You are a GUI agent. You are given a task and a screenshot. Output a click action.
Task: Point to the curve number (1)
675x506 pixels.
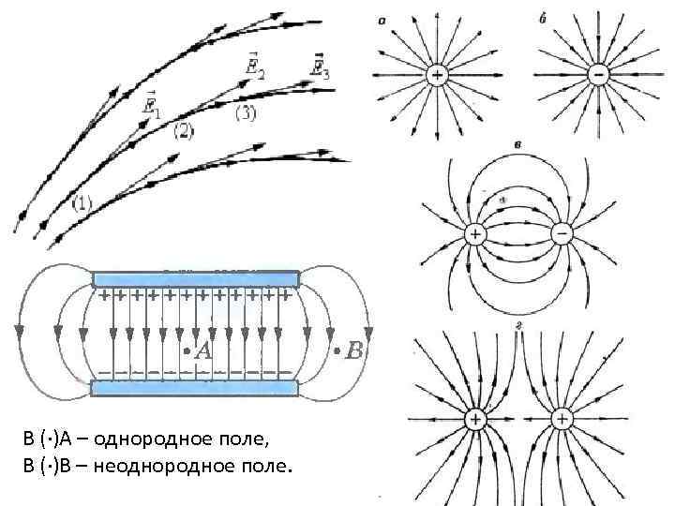[83, 203]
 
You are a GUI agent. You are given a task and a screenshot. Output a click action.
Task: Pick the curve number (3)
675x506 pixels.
[244, 114]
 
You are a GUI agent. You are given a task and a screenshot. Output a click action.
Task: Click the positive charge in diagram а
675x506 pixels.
[437, 75]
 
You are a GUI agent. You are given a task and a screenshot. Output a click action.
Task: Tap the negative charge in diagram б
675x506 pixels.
[596, 75]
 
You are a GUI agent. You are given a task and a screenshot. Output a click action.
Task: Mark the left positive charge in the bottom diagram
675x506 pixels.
[475, 418]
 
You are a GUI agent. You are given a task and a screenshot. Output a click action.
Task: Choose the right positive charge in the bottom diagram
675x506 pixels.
[562, 418]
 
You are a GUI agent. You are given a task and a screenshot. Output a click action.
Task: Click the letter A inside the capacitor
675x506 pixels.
[203, 351]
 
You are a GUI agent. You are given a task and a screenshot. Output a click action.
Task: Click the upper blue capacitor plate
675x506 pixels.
[196, 278]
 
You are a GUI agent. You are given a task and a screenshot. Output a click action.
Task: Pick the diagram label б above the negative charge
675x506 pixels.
[545, 20]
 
